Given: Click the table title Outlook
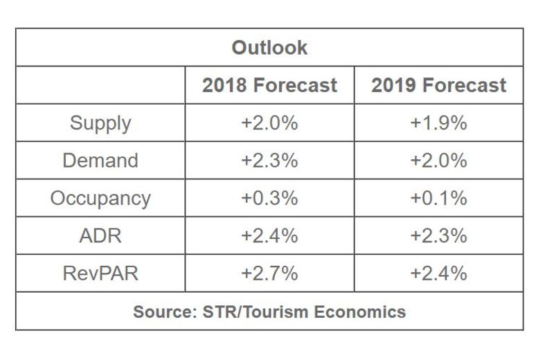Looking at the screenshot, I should point(269,48).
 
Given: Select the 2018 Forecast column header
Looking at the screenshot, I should point(269,85).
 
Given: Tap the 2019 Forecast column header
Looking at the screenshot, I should point(438,85).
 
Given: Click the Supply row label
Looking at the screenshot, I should point(100,123).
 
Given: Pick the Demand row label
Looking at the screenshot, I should point(100,161).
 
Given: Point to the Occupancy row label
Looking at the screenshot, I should point(100,198).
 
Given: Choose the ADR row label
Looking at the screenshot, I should point(100,235).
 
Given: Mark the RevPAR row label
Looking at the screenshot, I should point(100,273).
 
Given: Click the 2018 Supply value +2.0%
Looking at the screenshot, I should point(269,123).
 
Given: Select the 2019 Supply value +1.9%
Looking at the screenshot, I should point(438,123).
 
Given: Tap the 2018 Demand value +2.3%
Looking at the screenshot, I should point(269,161).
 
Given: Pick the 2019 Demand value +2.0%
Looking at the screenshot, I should point(438,161).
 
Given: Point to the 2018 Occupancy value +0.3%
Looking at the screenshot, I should point(269,198).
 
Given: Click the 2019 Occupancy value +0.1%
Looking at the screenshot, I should point(438,198).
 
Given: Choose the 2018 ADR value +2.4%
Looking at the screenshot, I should point(269,235).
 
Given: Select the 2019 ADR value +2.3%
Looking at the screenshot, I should point(438,235).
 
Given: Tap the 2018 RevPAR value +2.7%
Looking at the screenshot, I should point(269,273).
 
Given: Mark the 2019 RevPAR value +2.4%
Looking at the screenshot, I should point(438,273).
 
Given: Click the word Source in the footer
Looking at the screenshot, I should point(159,312).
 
